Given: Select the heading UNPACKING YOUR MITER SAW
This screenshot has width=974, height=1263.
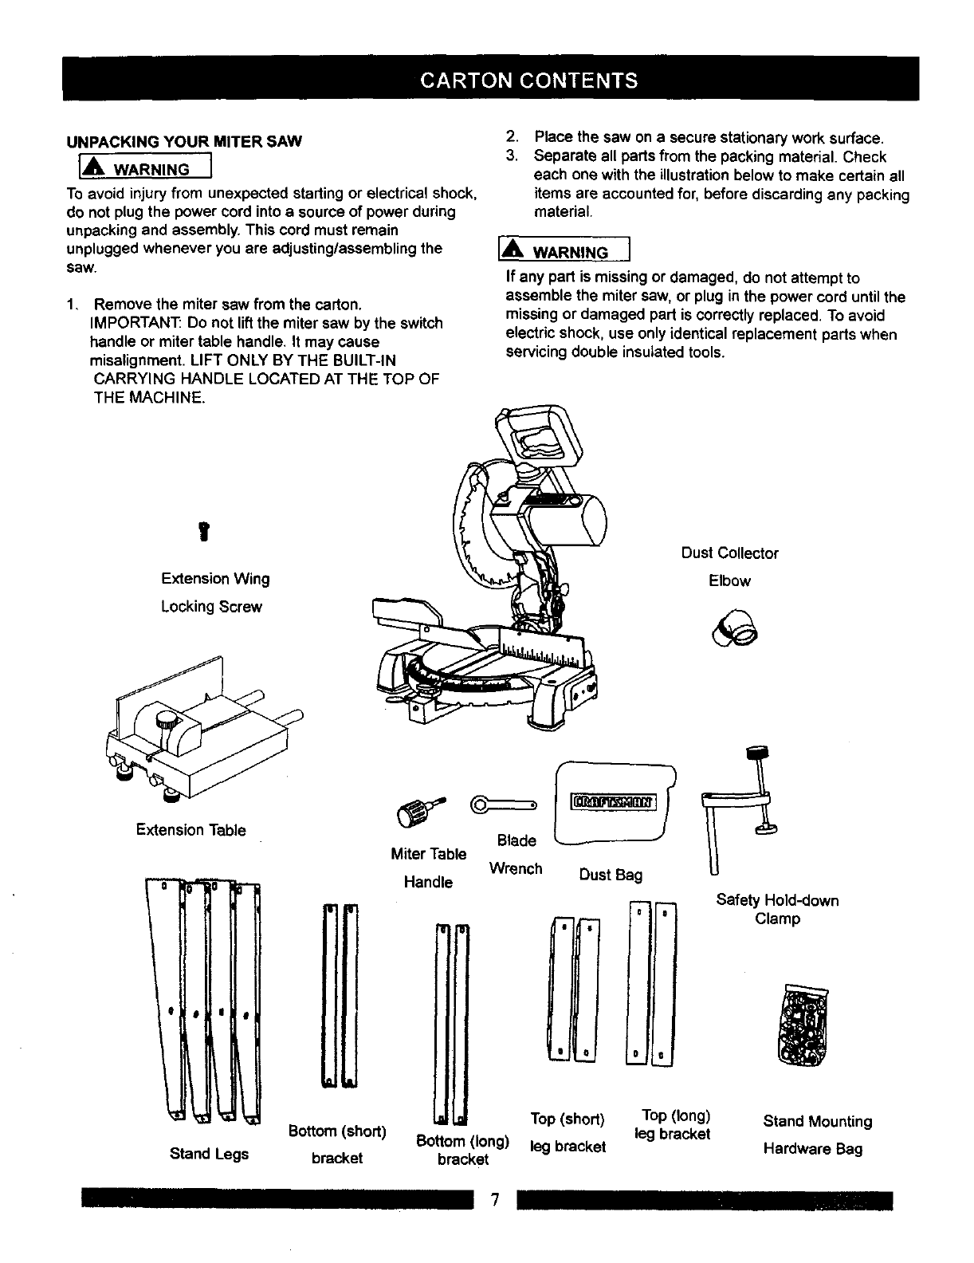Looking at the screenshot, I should tap(183, 142).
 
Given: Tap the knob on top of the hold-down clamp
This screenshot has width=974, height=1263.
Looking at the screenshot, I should tap(754, 752).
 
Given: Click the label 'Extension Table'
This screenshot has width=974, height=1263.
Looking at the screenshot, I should tap(191, 830).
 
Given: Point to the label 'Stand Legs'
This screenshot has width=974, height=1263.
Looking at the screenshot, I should tap(209, 1154).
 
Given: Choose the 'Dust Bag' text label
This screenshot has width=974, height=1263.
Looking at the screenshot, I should tap(611, 875).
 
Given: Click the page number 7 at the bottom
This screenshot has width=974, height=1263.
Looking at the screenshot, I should tap(494, 1201).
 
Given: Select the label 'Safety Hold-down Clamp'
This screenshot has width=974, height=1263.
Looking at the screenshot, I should tap(777, 910).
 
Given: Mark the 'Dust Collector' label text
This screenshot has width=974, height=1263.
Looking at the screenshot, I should tap(729, 553).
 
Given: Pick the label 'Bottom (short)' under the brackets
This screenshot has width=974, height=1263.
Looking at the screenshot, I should tap(337, 1131).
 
